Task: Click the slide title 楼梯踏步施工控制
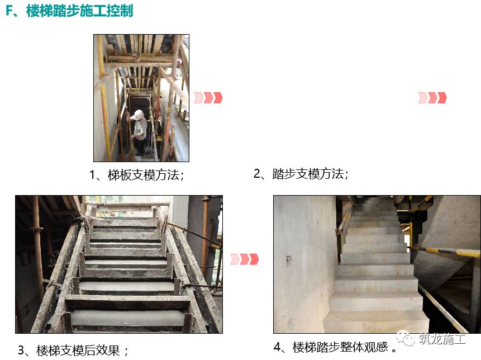[x=79, y=11]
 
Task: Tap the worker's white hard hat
[x=139, y=115]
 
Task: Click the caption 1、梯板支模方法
[x=137, y=175]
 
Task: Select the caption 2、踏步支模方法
[x=301, y=174]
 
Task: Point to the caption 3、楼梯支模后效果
[x=73, y=350]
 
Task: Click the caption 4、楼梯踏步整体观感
[x=335, y=347]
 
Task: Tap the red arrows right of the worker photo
[x=208, y=98]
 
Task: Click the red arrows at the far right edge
[x=432, y=98]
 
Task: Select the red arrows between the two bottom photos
[x=245, y=259]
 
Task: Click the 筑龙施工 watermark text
[x=442, y=339]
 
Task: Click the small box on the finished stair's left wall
[x=289, y=260]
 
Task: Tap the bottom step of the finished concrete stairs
[x=377, y=322]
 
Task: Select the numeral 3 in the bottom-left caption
[x=21, y=350]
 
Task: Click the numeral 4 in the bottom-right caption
[x=277, y=347]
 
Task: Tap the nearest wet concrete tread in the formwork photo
[x=128, y=318]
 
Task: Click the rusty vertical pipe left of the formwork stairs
[x=37, y=245]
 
